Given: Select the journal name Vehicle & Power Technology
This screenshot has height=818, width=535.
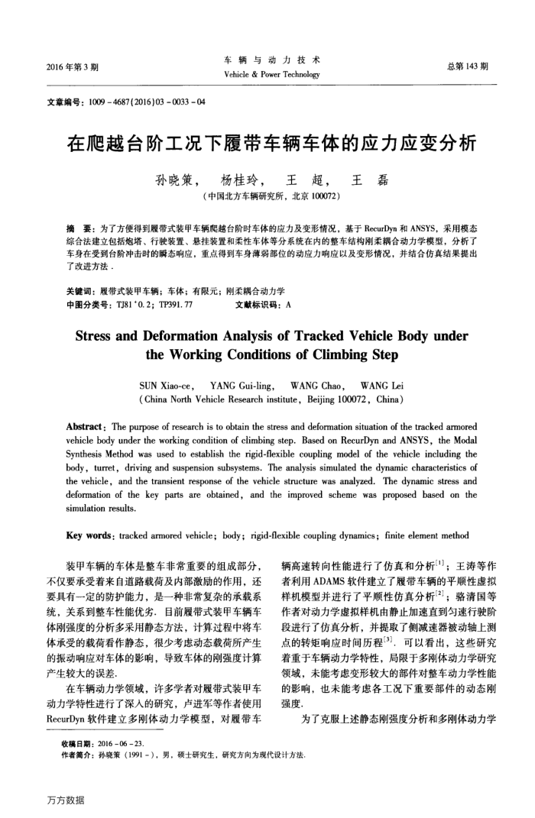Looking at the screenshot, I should click(x=267, y=75).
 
